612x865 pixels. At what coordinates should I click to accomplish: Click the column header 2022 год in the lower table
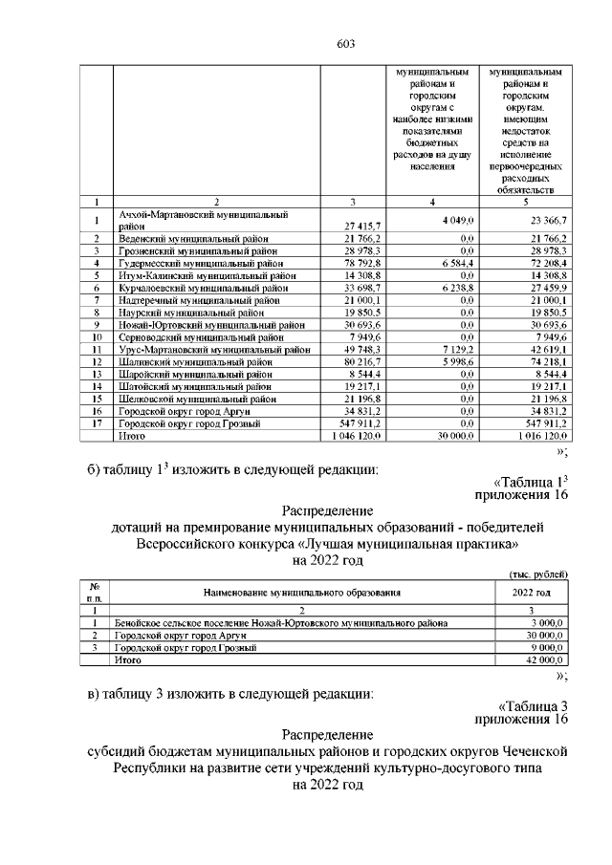531,593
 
